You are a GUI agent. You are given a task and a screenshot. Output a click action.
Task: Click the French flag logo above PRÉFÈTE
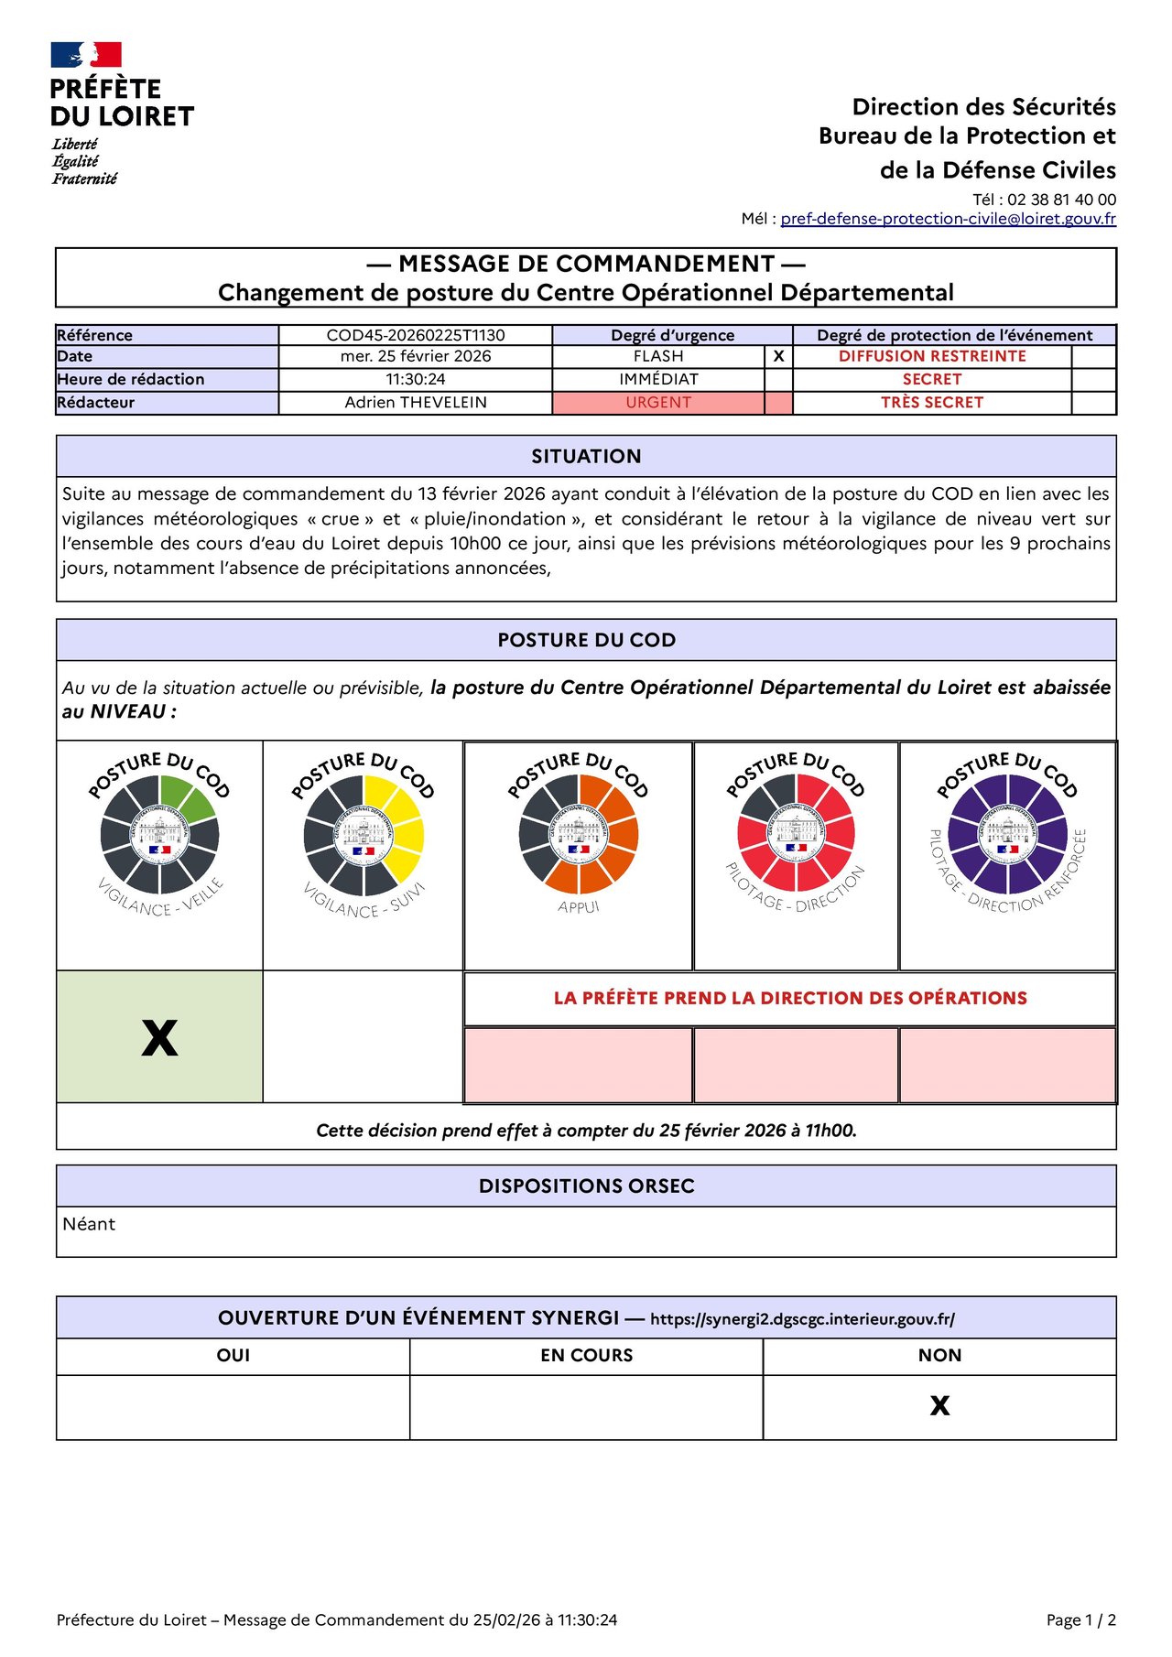pos(86,55)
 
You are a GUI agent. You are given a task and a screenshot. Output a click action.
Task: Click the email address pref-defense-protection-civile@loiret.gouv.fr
pos(948,219)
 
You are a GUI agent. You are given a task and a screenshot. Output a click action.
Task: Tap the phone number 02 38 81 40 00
pos(1061,200)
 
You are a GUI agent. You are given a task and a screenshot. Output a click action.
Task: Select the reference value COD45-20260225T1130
pos(416,335)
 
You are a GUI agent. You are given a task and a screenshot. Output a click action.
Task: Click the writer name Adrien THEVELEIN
pos(416,403)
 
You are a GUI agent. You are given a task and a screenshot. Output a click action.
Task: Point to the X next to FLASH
pos(778,357)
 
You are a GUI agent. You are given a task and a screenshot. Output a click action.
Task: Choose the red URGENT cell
pos(658,403)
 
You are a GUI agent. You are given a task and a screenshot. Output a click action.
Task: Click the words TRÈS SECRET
pos(932,403)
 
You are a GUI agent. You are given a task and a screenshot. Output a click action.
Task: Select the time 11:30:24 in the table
pos(416,379)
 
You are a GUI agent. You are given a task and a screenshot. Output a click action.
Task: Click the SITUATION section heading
pos(586,457)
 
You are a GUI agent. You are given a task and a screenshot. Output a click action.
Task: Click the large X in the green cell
pos(159,1038)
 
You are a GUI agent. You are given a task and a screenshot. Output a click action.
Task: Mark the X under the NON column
pos(939,1406)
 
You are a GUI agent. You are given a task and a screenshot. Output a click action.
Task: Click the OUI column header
pos(233,1356)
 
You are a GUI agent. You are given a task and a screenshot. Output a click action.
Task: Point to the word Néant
pos(89,1225)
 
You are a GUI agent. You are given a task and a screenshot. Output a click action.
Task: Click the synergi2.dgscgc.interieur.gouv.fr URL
pos(802,1319)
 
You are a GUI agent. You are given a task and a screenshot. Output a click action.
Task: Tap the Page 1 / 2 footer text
pos(1080,1620)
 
